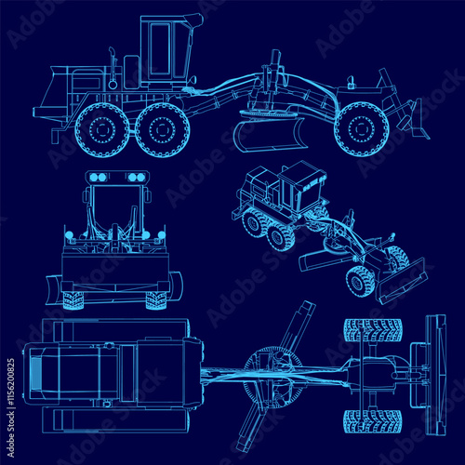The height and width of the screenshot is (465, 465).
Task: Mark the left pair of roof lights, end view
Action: click(x=96, y=177)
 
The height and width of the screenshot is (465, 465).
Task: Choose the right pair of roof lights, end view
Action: click(x=136, y=177)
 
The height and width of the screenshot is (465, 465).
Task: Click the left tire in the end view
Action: click(x=73, y=299)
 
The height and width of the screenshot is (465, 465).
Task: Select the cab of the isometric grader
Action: click(x=299, y=192)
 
